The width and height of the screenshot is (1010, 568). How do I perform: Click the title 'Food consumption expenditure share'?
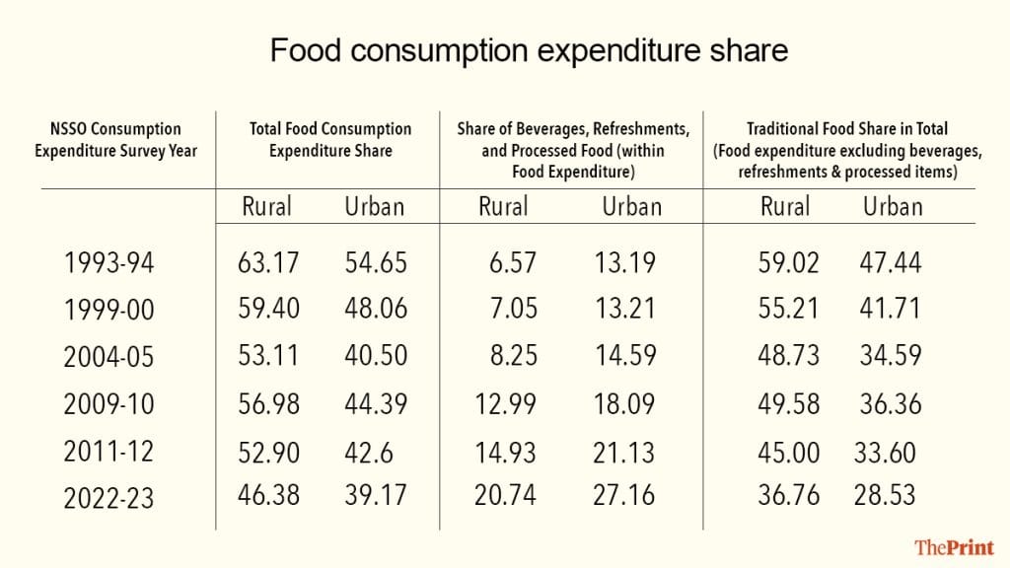529,51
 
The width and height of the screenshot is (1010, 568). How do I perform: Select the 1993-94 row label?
108,264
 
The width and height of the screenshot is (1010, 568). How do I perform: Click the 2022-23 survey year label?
108,498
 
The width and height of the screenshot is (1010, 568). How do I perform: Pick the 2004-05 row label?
108,357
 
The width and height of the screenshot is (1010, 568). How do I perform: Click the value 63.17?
268,263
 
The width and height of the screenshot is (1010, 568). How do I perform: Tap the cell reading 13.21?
624,309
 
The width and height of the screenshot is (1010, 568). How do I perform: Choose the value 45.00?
789,452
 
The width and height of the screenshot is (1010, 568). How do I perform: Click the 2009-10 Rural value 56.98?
268,402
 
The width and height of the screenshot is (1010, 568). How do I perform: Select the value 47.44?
892,263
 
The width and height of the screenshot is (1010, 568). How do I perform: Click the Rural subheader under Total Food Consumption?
267,207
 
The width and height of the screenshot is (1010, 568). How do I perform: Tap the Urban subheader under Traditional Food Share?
893,207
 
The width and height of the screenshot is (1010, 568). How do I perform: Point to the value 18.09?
624,402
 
